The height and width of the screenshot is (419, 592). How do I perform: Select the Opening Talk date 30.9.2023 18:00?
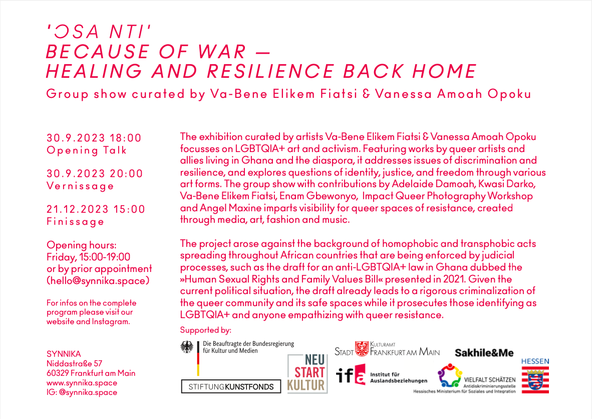pos(94,138)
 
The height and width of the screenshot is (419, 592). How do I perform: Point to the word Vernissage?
pos(81,186)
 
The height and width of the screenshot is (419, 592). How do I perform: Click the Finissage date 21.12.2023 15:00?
pos(96,209)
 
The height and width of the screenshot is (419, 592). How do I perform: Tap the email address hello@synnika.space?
pos(98,281)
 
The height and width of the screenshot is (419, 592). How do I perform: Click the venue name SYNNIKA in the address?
pos(64,354)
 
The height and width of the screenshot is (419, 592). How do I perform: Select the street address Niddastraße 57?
pos(75,363)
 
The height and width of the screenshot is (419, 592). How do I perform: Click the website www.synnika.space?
pos(82,382)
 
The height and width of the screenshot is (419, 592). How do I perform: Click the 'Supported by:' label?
pos(205,330)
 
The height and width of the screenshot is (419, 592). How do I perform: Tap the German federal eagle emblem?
pos(188,347)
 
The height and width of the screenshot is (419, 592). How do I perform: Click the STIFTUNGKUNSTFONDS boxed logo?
pos(231,386)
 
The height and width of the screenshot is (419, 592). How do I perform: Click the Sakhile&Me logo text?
pos(484,353)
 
